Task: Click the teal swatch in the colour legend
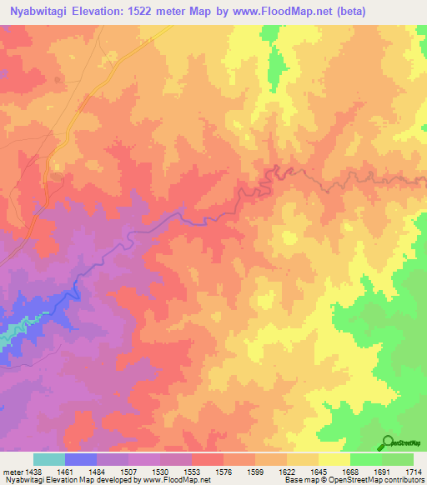48,459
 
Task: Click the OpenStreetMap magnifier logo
386,442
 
